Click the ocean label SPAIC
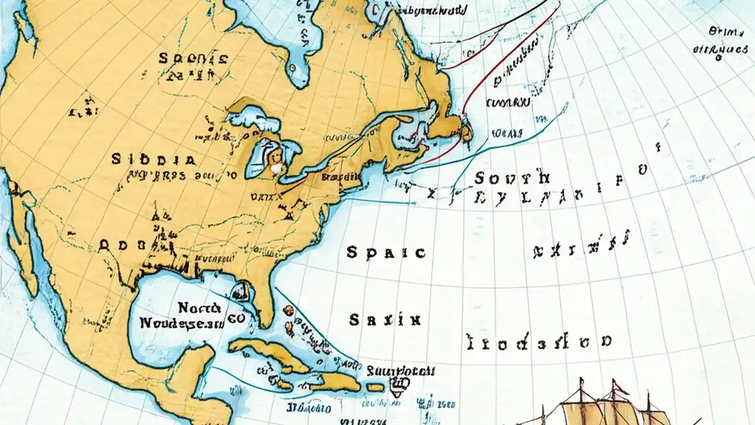pyautogui.click(x=386, y=253)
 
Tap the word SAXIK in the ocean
pyautogui.click(x=385, y=321)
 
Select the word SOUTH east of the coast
pyautogui.click(x=512, y=177)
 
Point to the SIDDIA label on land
pyautogui.click(x=153, y=159)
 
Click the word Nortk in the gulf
pyautogui.click(x=199, y=308)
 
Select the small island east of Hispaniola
pyautogui.click(x=375, y=387)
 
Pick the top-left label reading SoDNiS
pyautogui.click(x=192, y=58)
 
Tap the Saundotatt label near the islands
pyautogui.click(x=401, y=371)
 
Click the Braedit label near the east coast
pyautogui.click(x=342, y=176)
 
